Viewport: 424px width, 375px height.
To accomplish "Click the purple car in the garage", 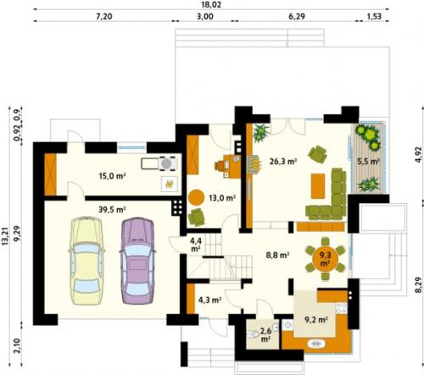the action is pos(137,261).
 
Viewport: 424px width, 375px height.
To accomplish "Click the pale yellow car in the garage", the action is pos(86,261).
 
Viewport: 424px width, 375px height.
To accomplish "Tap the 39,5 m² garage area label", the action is pos(112,210).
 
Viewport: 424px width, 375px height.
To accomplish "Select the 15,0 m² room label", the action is pos(112,176).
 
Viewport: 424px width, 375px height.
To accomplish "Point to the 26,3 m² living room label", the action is pos(283,162).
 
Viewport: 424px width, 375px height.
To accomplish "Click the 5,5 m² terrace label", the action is pos(368,162).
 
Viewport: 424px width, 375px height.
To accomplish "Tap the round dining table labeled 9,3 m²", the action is pos(325,259).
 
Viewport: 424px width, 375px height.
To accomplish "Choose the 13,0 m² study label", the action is pos(222,198).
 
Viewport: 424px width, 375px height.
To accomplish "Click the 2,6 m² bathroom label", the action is pos(265,334).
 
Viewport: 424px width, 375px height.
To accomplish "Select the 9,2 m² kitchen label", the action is pos(316,320).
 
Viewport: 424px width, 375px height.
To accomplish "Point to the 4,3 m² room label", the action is pos(209,300).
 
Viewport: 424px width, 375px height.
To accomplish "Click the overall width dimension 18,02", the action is pos(210,5).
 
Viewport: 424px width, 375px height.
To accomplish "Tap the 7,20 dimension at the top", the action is pos(104,16).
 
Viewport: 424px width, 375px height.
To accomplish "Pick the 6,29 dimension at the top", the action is pos(297,16).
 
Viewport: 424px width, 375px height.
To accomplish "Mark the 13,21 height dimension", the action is pos(6,236).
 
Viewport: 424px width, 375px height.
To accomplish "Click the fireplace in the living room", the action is pos(254,164).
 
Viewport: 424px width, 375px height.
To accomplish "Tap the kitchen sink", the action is pos(316,344).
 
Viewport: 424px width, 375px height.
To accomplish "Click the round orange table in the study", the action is pos(196,197).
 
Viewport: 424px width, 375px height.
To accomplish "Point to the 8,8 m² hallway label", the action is pos(277,256).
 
